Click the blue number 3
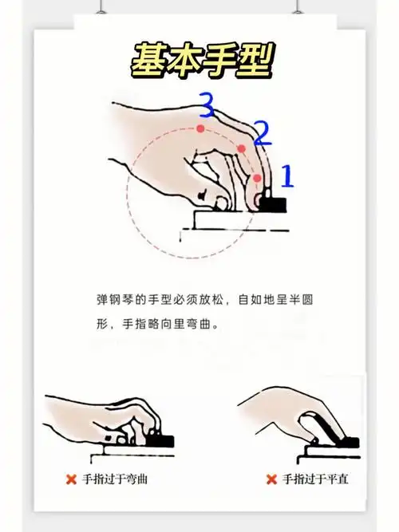coord(207,104)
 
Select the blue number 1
coord(287,175)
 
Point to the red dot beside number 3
coord(200,128)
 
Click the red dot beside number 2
coord(241,148)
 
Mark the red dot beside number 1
coord(257,178)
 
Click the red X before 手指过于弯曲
coord(71,480)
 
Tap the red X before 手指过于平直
coord(271,480)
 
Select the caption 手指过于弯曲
coord(116,480)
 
